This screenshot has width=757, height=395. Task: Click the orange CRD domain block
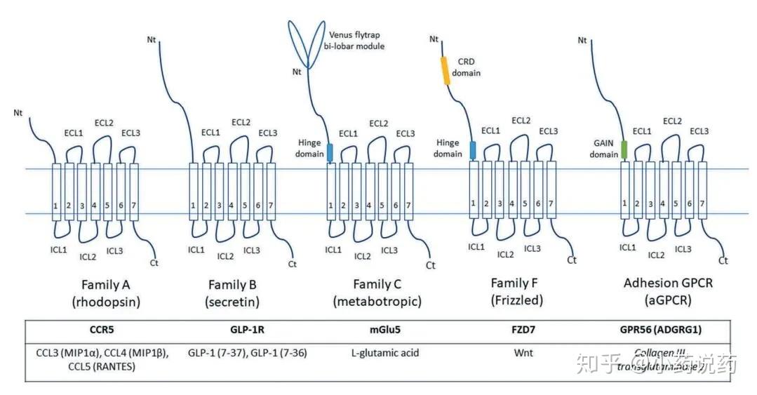445,70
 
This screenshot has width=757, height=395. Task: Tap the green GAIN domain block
624,148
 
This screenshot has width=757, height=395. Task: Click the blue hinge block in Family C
330,151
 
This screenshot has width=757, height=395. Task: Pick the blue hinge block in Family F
473,149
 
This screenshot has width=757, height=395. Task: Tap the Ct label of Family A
154,263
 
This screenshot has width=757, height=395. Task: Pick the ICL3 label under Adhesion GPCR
682,249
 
